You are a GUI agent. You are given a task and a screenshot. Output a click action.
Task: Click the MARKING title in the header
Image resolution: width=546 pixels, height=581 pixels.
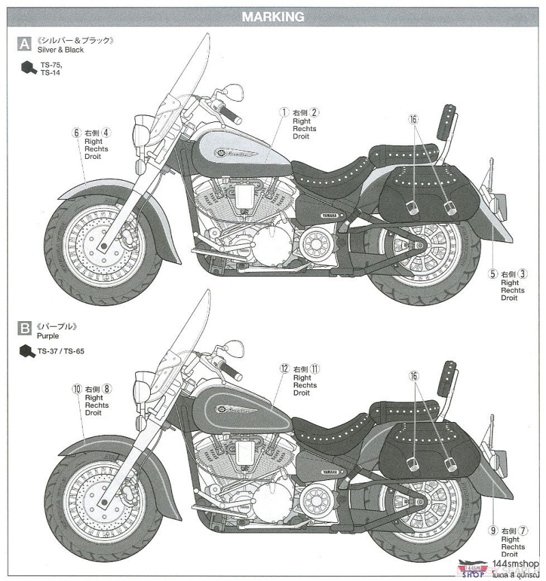[x=273, y=17]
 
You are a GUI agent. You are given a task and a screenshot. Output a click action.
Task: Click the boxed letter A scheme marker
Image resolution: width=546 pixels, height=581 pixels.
[x=24, y=45]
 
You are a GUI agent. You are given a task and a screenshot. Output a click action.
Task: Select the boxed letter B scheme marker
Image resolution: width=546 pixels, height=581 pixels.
[x=24, y=330]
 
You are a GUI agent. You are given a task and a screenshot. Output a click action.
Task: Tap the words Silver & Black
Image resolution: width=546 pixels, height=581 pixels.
[x=60, y=50]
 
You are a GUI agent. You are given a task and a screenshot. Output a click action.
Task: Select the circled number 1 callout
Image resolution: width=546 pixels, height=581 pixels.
[x=284, y=112]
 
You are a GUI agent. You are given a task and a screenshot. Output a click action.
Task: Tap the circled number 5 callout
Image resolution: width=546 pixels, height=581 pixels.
[x=492, y=274]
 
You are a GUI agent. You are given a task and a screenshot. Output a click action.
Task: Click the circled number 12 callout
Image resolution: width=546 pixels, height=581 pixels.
[x=285, y=368]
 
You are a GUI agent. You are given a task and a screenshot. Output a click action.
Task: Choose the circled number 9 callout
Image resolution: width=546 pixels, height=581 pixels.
[x=492, y=531]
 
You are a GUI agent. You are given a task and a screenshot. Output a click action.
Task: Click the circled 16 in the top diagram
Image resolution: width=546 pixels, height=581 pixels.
[x=413, y=119]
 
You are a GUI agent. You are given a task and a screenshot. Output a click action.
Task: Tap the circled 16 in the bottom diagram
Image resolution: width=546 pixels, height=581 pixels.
[x=413, y=376]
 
